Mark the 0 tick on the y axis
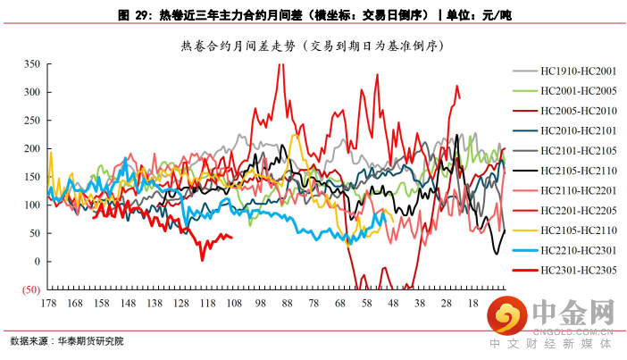coord(36,262)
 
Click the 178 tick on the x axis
coord(49,304)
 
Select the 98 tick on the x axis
coord(262,304)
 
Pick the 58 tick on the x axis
coord(367,304)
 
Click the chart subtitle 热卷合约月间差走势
coord(313,44)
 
